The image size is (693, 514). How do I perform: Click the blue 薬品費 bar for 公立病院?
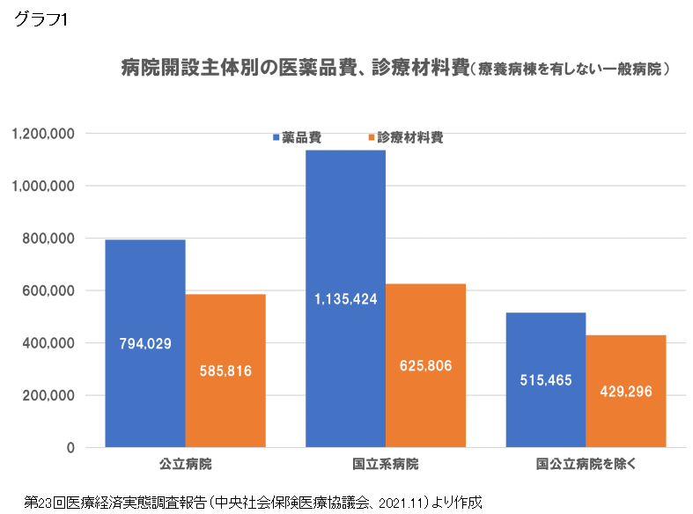(x=144, y=282)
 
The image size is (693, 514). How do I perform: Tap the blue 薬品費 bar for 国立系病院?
(x=345, y=229)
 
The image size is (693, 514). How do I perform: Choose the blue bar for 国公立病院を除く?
(x=545, y=352)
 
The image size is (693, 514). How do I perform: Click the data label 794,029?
(x=145, y=343)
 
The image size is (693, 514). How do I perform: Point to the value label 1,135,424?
(x=345, y=299)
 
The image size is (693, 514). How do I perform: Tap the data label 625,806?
(x=425, y=365)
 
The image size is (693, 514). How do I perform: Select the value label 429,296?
(x=625, y=392)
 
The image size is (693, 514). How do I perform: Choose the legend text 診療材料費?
(x=410, y=138)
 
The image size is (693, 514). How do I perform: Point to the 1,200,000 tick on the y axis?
(x=43, y=134)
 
